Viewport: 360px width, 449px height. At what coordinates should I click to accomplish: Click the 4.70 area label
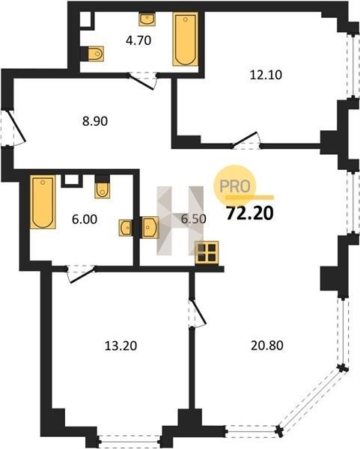(x=138, y=40)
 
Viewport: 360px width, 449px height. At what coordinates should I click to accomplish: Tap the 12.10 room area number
(x=266, y=75)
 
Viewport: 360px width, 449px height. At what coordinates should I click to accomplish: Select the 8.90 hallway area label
(x=95, y=121)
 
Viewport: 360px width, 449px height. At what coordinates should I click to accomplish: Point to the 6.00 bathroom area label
(x=85, y=219)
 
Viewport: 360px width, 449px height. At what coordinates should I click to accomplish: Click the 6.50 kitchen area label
(x=194, y=219)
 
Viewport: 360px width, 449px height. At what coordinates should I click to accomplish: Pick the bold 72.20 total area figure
(x=250, y=213)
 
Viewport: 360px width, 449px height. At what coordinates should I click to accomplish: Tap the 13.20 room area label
(x=120, y=346)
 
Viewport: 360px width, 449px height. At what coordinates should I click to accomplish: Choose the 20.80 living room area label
(x=267, y=345)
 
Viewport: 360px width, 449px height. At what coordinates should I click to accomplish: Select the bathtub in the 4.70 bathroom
(x=186, y=39)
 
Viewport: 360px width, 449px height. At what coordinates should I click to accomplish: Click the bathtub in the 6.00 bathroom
(x=43, y=202)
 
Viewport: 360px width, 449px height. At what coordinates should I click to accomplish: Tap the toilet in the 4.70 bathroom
(x=95, y=54)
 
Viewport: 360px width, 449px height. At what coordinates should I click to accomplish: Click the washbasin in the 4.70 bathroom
(x=147, y=19)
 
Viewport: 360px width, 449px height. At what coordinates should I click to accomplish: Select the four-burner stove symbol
(x=207, y=253)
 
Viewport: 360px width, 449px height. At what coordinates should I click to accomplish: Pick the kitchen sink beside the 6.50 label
(x=150, y=227)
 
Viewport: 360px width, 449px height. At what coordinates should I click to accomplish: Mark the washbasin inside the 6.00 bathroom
(x=126, y=228)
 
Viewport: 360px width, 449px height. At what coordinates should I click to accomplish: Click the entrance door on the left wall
(x=13, y=128)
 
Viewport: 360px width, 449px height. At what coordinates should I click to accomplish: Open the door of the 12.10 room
(x=246, y=141)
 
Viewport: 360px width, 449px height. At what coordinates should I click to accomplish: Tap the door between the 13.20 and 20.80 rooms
(x=198, y=314)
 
